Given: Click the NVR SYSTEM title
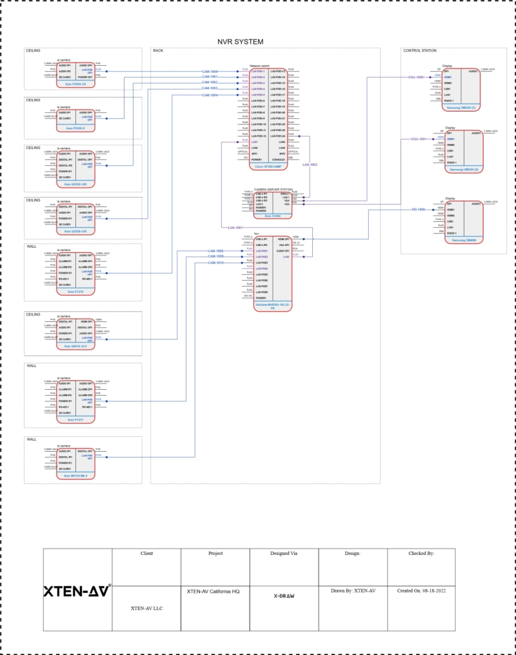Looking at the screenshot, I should tap(240, 42).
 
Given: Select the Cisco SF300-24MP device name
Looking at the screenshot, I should tap(268, 166).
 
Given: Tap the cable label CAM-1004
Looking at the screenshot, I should tap(210, 95).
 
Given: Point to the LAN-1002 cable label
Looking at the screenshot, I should tap(310, 165).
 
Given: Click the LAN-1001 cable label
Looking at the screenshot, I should tap(235, 227).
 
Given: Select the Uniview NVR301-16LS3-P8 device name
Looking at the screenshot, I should tap(273, 306).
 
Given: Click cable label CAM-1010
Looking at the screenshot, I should tap(215, 263).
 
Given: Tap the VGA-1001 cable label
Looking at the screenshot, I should tap(419, 139).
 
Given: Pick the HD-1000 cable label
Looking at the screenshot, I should tap(419, 210).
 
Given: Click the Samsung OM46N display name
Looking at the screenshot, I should tap(464, 240).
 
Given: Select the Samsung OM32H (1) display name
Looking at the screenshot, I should tap(464, 108).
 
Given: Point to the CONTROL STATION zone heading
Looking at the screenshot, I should tap(419, 50).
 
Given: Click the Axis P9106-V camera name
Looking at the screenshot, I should tap(76, 128).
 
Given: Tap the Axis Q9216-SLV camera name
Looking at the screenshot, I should tap(76, 346).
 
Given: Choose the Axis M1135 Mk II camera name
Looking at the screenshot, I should tap(76, 475).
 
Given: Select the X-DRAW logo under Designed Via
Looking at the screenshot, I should tap(284, 596).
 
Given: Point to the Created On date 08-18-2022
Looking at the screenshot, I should tap(421, 590).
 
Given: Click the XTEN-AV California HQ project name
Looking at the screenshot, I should tap(215, 590).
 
